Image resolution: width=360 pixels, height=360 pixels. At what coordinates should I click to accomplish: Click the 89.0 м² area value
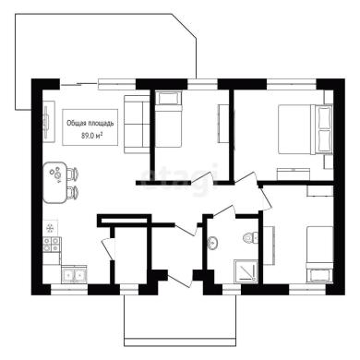[x=91, y=136]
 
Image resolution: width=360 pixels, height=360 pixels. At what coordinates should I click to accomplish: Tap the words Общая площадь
[x=90, y=124]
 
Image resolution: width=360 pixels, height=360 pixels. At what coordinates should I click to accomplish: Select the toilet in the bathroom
[x=251, y=238]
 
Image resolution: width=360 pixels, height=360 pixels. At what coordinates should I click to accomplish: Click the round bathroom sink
[x=212, y=243]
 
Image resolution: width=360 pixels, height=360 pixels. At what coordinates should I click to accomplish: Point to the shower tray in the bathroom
[x=246, y=271]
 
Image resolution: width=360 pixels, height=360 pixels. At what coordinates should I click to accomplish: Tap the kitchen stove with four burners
[x=52, y=245]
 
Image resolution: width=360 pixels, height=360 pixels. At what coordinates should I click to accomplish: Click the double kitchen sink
[x=74, y=275]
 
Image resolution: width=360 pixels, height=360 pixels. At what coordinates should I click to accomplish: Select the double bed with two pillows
[x=306, y=129]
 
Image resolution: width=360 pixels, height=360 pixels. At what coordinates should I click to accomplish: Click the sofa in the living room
[x=137, y=124]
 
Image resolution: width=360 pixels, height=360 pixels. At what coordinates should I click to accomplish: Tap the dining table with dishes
[x=54, y=182]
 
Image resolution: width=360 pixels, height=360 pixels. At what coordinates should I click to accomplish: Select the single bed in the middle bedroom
[x=169, y=119]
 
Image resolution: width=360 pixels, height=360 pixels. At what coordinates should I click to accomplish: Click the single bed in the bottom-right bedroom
[x=319, y=254]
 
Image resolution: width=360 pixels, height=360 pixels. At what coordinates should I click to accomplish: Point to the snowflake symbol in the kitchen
[x=49, y=228]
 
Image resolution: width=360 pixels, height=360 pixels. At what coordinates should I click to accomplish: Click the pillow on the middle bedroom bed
[x=169, y=99]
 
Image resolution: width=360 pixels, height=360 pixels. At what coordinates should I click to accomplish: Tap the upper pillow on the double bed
[x=325, y=117]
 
